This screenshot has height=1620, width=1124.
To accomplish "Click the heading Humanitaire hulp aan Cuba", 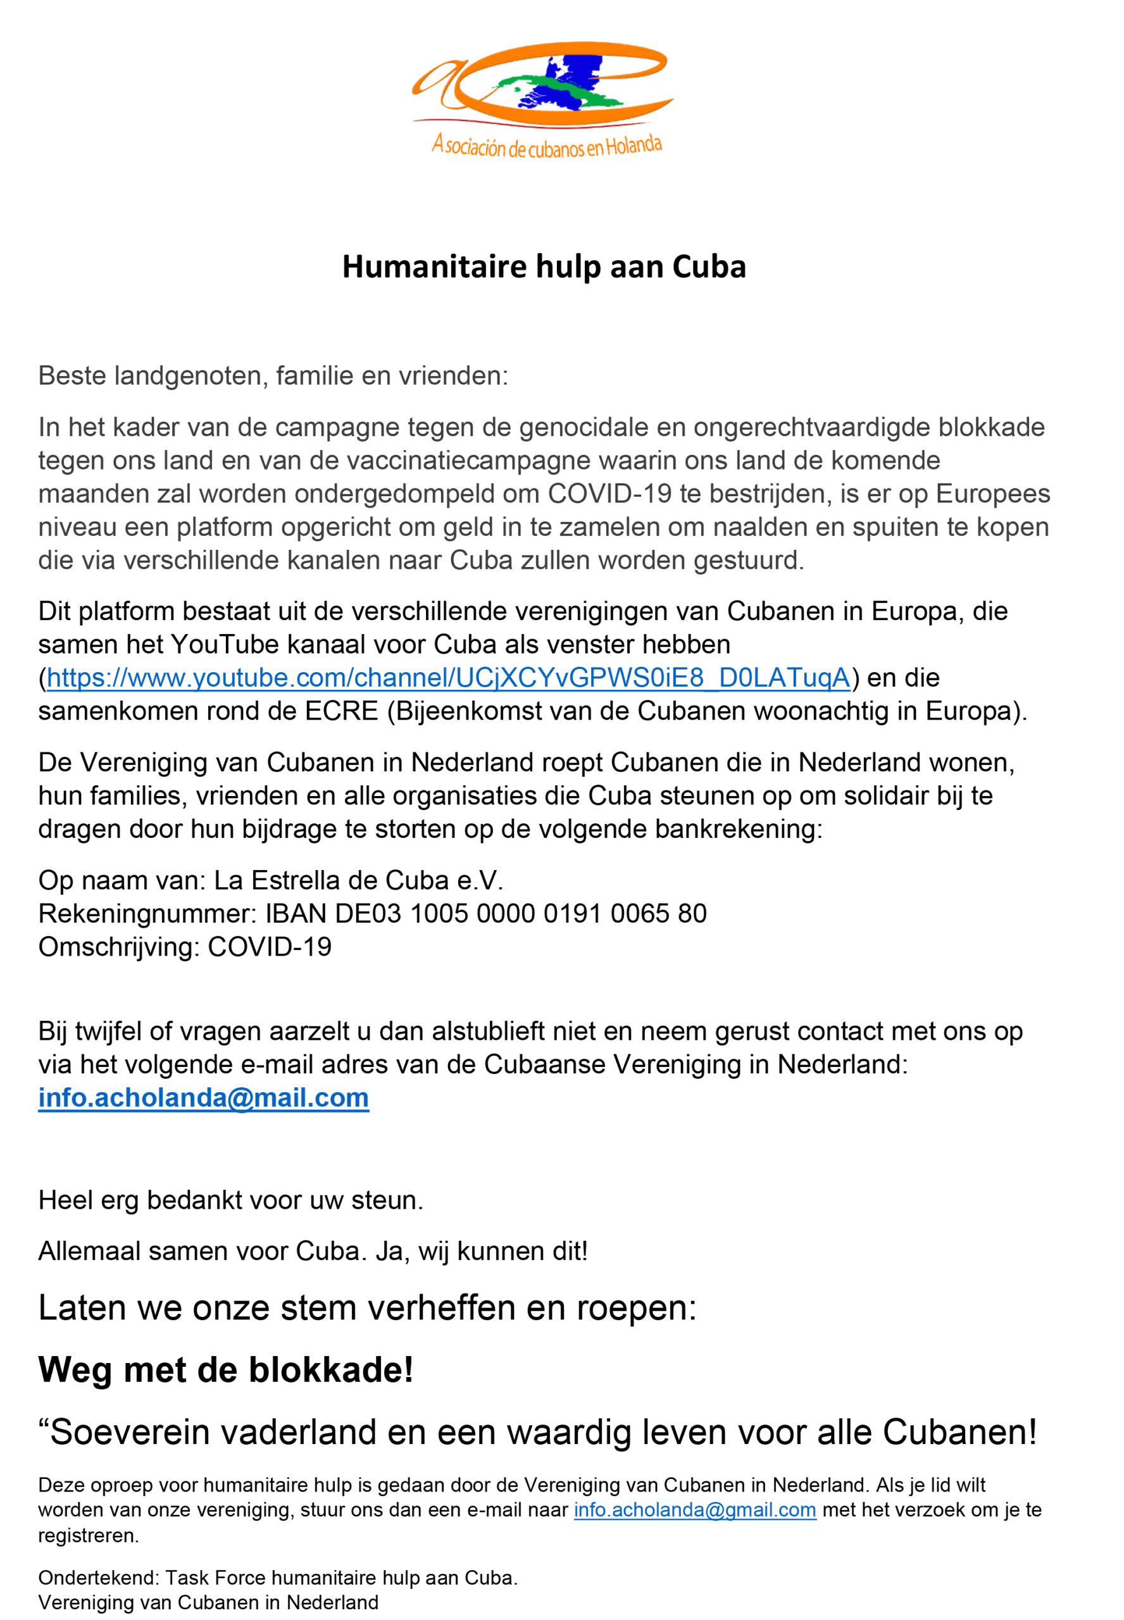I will coord(544,267).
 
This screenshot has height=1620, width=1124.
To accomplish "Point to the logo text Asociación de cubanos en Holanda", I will coord(547,146).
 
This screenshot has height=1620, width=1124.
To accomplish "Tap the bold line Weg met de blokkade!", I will coord(226,1369).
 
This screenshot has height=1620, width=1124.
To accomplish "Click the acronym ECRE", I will coord(342,711).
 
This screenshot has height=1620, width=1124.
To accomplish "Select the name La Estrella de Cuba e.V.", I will coord(358,880).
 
